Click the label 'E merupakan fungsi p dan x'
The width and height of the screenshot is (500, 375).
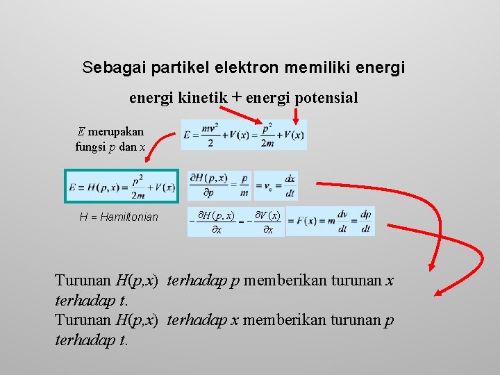click(x=110, y=139)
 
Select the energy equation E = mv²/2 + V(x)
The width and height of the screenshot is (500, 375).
click(x=244, y=135)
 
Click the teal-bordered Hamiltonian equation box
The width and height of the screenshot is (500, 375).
click(x=122, y=187)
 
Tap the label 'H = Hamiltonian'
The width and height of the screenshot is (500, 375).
click(x=119, y=217)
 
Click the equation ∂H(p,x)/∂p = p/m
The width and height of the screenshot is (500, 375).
click(x=219, y=186)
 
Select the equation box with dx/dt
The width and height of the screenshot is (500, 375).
click(x=275, y=186)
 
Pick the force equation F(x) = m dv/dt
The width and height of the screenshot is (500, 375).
click(x=331, y=222)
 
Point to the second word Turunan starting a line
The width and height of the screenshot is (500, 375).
click(x=83, y=320)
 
